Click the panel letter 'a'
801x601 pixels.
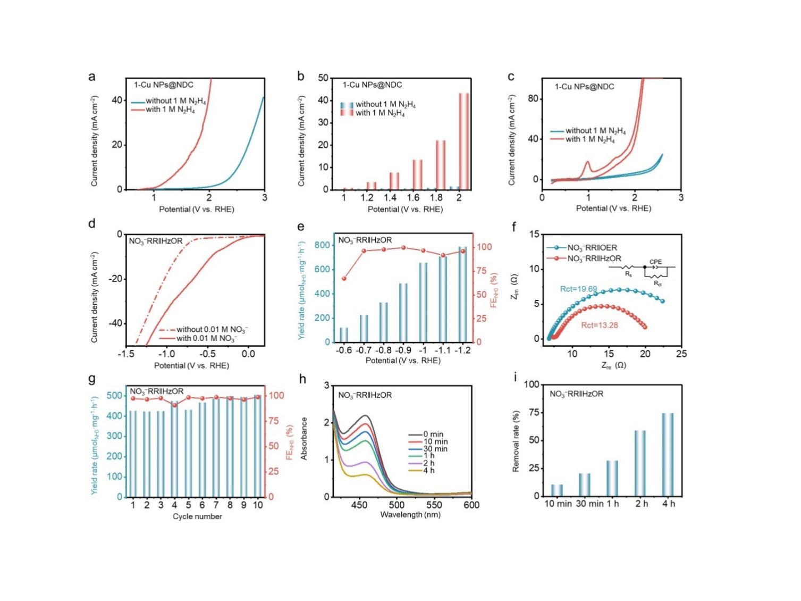(x=92, y=77)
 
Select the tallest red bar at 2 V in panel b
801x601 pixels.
(x=463, y=141)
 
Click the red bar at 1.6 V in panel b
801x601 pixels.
(x=417, y=174)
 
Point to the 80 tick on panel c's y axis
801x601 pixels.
(x=533, y=99)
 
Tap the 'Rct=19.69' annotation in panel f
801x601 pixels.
(x=578, y=289)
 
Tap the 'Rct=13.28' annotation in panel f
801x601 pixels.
(x=599, y=325)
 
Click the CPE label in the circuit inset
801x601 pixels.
(x=655, y=262)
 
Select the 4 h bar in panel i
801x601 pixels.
(x=668, y=455)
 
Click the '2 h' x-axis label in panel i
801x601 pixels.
(x=642, y=504)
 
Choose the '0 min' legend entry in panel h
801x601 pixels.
(x=433, y=435)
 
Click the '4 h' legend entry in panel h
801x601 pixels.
(x=429, y=470)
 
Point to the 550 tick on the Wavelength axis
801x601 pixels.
(x=434, y=505)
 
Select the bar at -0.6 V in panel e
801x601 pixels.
(x=344, y=335)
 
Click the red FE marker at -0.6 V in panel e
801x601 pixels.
(x=344, y=278)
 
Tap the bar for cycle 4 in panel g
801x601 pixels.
(x=174, y=449)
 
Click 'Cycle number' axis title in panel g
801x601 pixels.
(x=197, y=516)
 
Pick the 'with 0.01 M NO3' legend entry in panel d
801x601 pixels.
(x=206, y=338)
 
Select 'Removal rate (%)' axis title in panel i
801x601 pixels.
(x=516, y=441)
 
